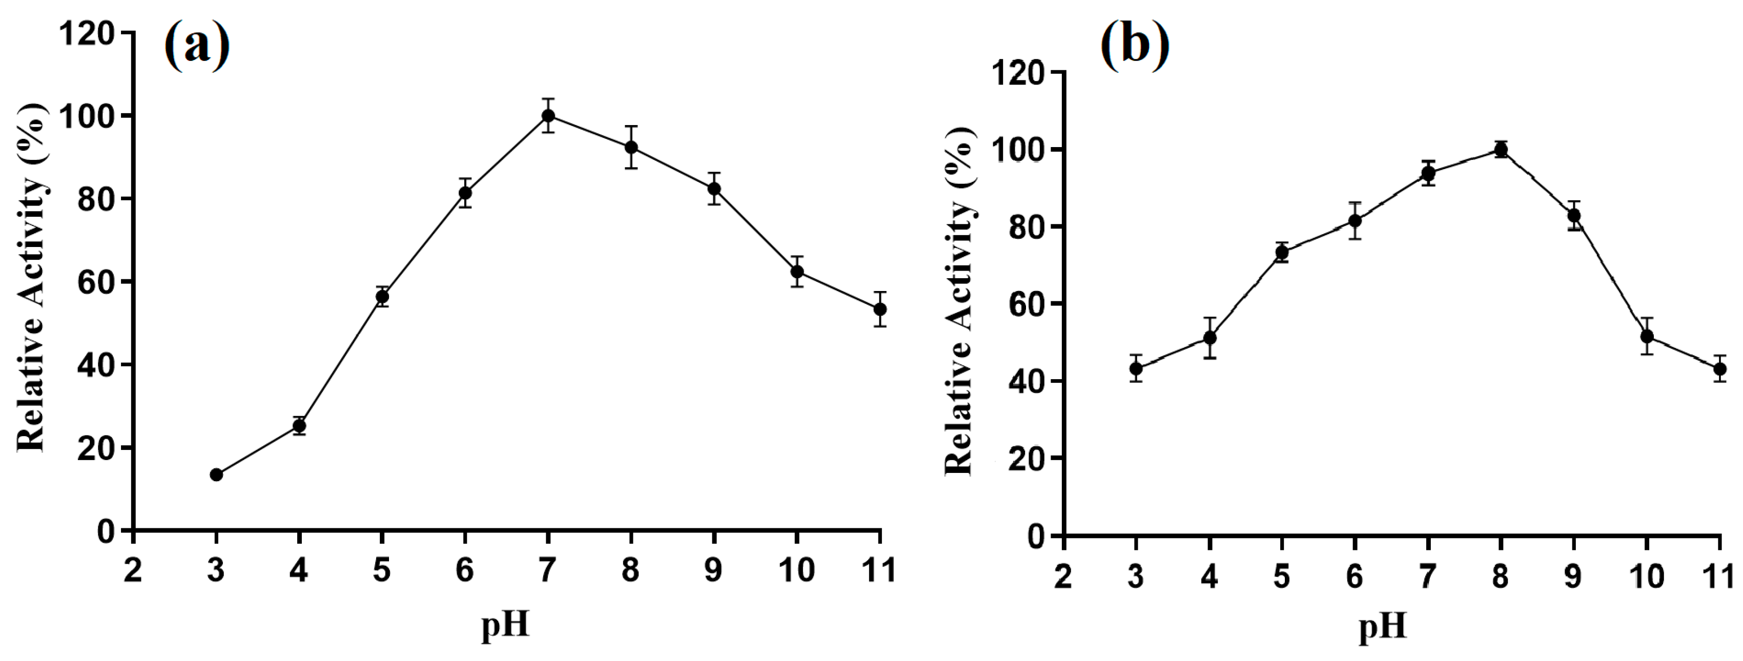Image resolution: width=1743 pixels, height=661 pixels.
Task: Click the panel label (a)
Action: click(197, 45)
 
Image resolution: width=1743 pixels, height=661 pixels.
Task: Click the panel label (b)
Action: click(1135, 45)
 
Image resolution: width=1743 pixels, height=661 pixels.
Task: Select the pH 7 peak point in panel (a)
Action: click(548, 116)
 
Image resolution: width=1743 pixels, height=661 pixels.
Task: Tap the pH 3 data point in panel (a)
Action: click(216, 475)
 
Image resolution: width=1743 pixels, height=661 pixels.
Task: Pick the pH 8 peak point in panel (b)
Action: click(1501, 150)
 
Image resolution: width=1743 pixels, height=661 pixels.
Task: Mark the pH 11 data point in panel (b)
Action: click(1719, 369)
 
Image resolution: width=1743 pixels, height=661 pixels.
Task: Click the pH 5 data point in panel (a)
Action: click(382, 296)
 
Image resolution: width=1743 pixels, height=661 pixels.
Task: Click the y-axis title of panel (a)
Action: click(32, 277)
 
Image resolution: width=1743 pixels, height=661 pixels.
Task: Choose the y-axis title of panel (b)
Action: click(959, 301)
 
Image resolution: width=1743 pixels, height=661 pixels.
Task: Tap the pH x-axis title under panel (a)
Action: click(505, 624)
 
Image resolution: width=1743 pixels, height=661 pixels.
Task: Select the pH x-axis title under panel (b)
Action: click(1382, 626)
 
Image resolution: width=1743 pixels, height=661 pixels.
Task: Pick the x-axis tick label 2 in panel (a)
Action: click(133, 570)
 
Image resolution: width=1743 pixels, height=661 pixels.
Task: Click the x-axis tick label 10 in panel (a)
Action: click(796, 570)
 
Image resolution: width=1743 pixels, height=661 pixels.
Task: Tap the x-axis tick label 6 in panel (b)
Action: click(1354, 576)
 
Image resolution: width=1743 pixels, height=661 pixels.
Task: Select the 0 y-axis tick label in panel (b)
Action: click(1035, 536)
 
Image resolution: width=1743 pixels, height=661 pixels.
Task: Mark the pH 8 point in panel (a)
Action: click(630, 147)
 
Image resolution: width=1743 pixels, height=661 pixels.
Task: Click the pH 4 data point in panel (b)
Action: click(1210, 338)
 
